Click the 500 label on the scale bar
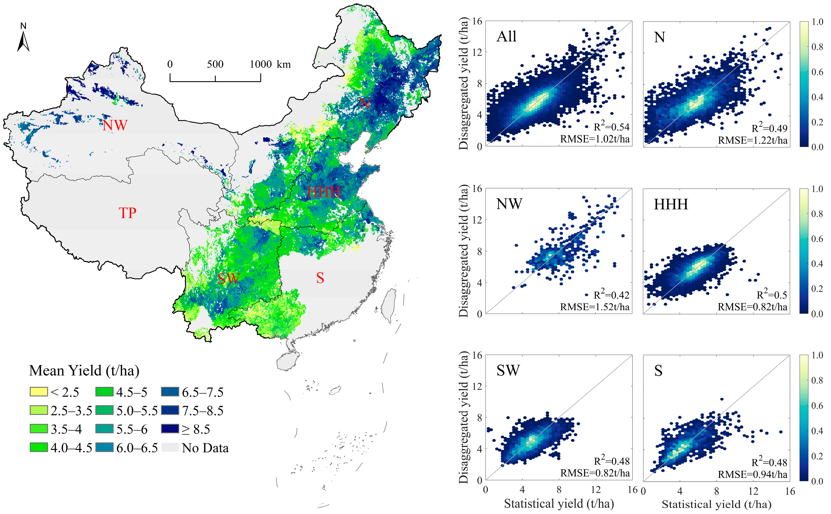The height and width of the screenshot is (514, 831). point(215,64)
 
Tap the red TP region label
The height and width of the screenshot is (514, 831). point(127,213)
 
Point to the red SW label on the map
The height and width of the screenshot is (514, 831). point(229,279)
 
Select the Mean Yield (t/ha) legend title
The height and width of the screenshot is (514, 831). point(84,370)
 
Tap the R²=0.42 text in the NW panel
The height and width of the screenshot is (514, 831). point(611,295)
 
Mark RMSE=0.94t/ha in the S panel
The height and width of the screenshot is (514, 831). point(752,474)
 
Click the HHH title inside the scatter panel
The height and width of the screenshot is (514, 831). point(671,204)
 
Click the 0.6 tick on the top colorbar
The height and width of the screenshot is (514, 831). point(817,72)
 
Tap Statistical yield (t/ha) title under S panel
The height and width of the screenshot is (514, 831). point(716,504)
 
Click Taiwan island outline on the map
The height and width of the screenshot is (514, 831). point(388,305)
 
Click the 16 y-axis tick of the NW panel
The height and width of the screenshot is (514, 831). point(477,188)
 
